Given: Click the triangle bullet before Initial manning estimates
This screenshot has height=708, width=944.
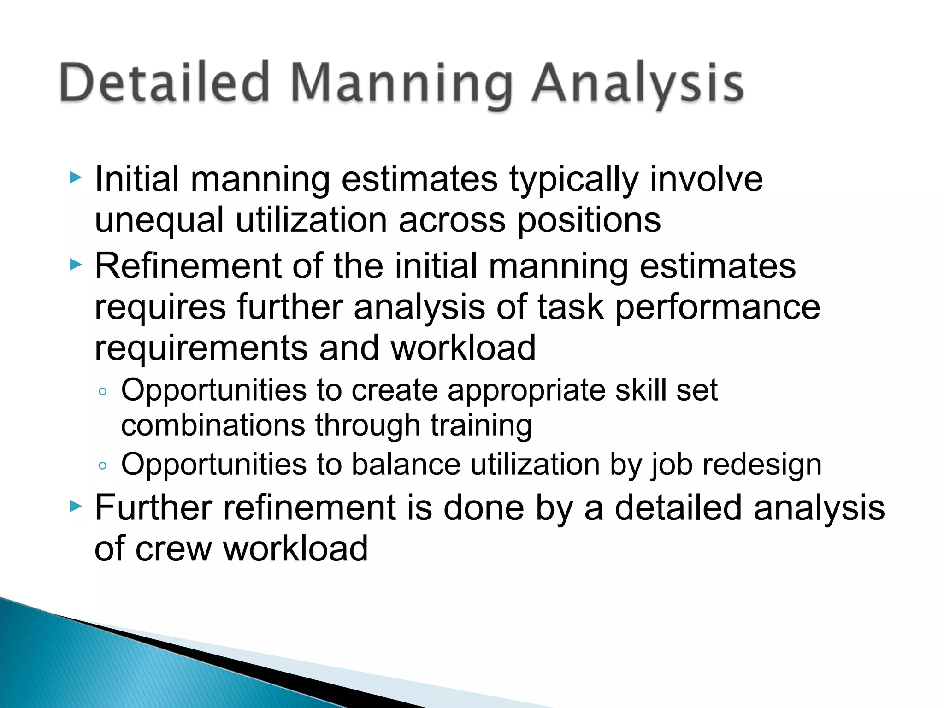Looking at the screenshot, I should pyautogui.click(x=76, y=177).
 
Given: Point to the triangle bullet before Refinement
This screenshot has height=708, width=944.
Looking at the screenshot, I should pyautogui.click(x=76, y=265).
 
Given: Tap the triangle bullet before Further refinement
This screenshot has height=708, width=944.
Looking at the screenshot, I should pyautogui.click(x=76, y=507).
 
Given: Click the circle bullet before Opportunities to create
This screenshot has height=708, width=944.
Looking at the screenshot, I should pyautogui.click(x=102, y=392).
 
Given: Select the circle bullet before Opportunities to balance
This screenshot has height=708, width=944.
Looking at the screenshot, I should pyautogui.click(x=102, y=466).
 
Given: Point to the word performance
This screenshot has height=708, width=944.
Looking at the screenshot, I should pyautogui.click(x=717, y=308).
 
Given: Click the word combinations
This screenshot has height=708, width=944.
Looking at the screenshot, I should pyautogui.click(x=213, y=425).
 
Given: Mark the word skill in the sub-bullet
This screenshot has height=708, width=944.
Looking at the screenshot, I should pyautogui.click(x=640, y=390).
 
